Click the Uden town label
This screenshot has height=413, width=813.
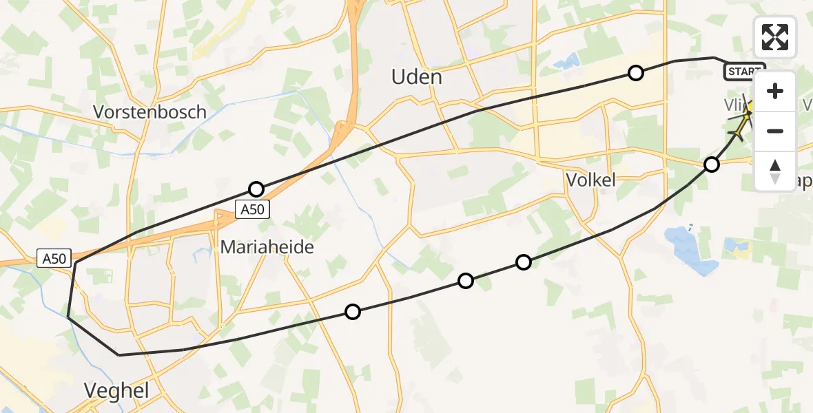pos(416,76)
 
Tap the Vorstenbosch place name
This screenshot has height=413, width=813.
pos(150,112)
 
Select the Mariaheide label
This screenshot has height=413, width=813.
pos(267,247)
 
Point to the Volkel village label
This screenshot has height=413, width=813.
pos(590,180)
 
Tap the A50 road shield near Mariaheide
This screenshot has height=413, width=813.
pos(252,210)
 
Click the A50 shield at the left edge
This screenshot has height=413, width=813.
pos(54,259)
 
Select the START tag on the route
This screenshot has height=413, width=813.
pos(743,71)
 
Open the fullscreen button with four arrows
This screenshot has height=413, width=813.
pos(775,37)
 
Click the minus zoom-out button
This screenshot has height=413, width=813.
pos(775,131)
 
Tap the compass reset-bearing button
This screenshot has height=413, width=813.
pos(775,171)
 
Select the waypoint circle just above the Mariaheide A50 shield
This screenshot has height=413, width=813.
pos(256,189)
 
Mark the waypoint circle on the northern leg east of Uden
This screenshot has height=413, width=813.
pos(636,72)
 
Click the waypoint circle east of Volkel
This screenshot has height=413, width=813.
pos(712,164)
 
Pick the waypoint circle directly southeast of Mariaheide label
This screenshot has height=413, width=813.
pos(353,312)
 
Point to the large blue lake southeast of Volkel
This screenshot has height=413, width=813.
pos(689,251)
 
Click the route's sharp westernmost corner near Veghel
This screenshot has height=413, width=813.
pos(68,317)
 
